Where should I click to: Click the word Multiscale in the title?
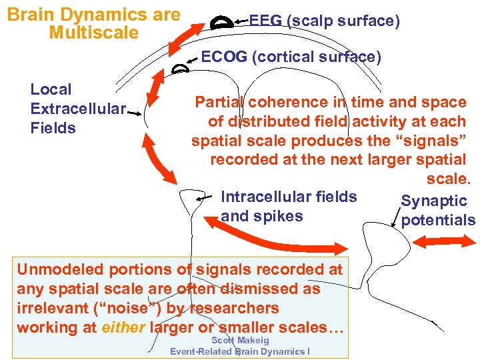click(x=93, y=33)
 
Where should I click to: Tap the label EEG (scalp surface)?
click(x=324, y=21)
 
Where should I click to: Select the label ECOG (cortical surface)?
click(x=291, y=57)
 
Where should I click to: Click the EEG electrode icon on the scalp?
click(x=221, y=22)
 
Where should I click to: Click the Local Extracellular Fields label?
click(x=77, y=109)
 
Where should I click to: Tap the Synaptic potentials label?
click(x=437, y=211)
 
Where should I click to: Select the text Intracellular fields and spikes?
click(x=288, y=207)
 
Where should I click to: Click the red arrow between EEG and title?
click(x=186, y=35)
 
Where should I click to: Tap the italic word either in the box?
click(x=124, y=328)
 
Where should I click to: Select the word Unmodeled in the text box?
click(x=60, y=270)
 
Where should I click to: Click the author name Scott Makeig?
click(x=239, y=341)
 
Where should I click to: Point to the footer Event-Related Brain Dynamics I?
click(x=239, y=351)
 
